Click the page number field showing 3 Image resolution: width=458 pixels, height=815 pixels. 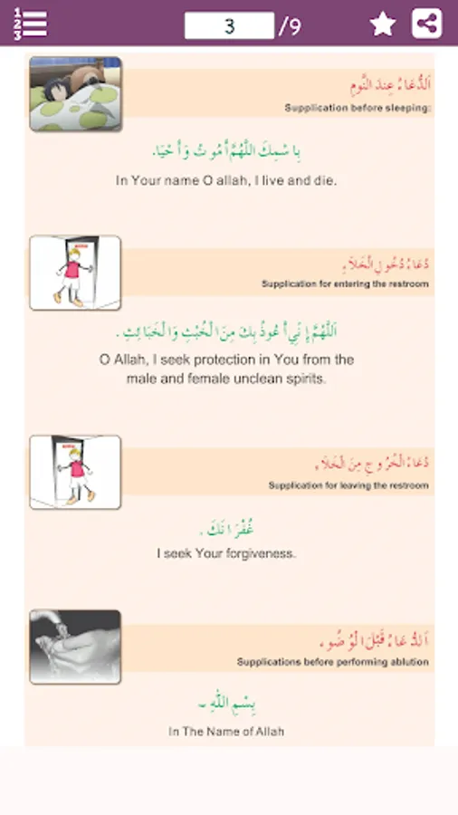point(229,25)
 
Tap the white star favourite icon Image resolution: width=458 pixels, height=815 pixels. point(383,24)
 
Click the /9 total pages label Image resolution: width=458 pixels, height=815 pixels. point(290,26)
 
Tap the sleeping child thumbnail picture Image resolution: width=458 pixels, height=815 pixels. point(75,93)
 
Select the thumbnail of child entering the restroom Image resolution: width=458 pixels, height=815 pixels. point(75,273)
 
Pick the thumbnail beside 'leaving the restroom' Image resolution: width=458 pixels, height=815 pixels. point(75,472)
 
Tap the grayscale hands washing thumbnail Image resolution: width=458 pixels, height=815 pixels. point(75,646)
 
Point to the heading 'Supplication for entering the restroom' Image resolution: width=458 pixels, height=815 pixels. point(345,284)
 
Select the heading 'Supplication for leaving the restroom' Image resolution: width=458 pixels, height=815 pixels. point(348,485)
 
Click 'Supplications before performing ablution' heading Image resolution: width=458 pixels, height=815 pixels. point(333,662)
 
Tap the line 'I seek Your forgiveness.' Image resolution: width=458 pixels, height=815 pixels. point(226,552)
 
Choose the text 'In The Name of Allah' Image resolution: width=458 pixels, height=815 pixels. point(226,731)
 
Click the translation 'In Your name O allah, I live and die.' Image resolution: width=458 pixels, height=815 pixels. point(226,180)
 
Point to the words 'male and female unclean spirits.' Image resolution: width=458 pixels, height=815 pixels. point(226,379)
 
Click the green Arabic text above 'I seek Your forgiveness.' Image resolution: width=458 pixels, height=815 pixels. point(226,525)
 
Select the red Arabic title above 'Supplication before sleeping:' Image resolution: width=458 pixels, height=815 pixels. point(390,85)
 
